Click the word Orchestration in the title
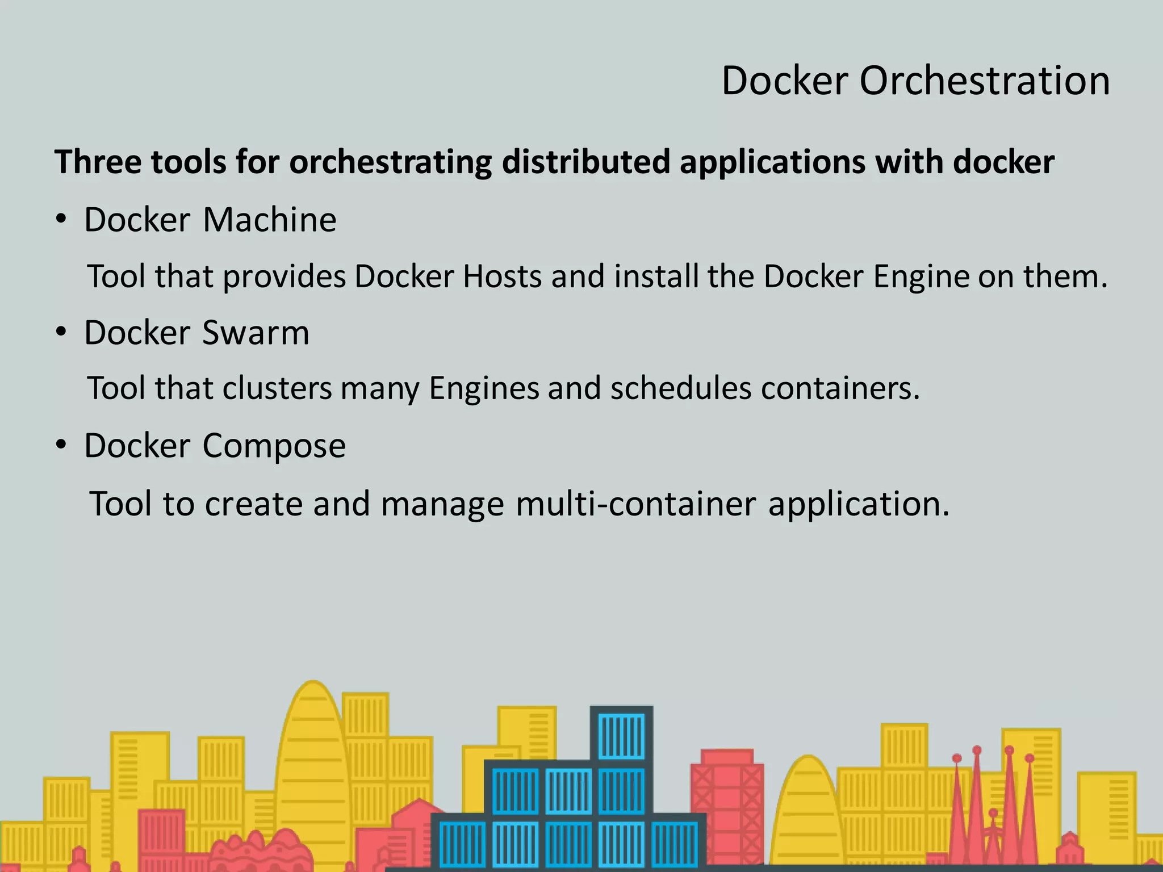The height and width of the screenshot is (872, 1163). [984, 81]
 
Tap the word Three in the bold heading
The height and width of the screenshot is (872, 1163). [98, 162]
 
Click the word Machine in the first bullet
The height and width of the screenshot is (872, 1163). [270, 220]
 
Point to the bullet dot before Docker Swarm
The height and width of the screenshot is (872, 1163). [61, 332]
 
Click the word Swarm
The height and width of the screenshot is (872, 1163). [256, 333]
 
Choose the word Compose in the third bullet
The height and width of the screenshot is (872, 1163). [274, 446]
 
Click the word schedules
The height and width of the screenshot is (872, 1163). [681, 389]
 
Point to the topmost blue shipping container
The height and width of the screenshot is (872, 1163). [622, 736]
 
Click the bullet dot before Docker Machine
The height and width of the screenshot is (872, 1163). [61, 219]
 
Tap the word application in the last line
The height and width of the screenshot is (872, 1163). [859, 505]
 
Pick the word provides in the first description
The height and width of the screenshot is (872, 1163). [284, 278]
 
